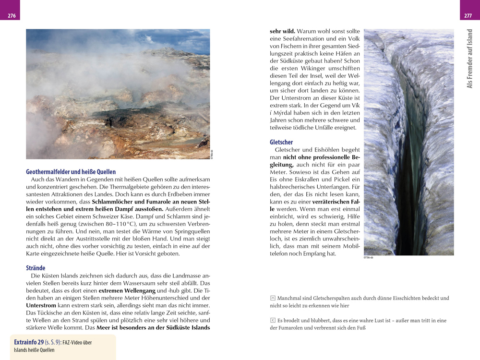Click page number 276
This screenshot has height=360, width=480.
12,16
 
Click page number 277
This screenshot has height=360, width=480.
468,16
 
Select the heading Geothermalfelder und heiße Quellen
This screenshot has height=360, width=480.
71,171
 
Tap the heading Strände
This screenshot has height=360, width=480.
36,268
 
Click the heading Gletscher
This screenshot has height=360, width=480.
281,142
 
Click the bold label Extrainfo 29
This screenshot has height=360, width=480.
28,342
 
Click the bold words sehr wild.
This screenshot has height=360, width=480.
283,31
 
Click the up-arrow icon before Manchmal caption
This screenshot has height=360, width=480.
273,298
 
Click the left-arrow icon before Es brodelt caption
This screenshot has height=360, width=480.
273,320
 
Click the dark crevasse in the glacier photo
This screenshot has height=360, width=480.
408,144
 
